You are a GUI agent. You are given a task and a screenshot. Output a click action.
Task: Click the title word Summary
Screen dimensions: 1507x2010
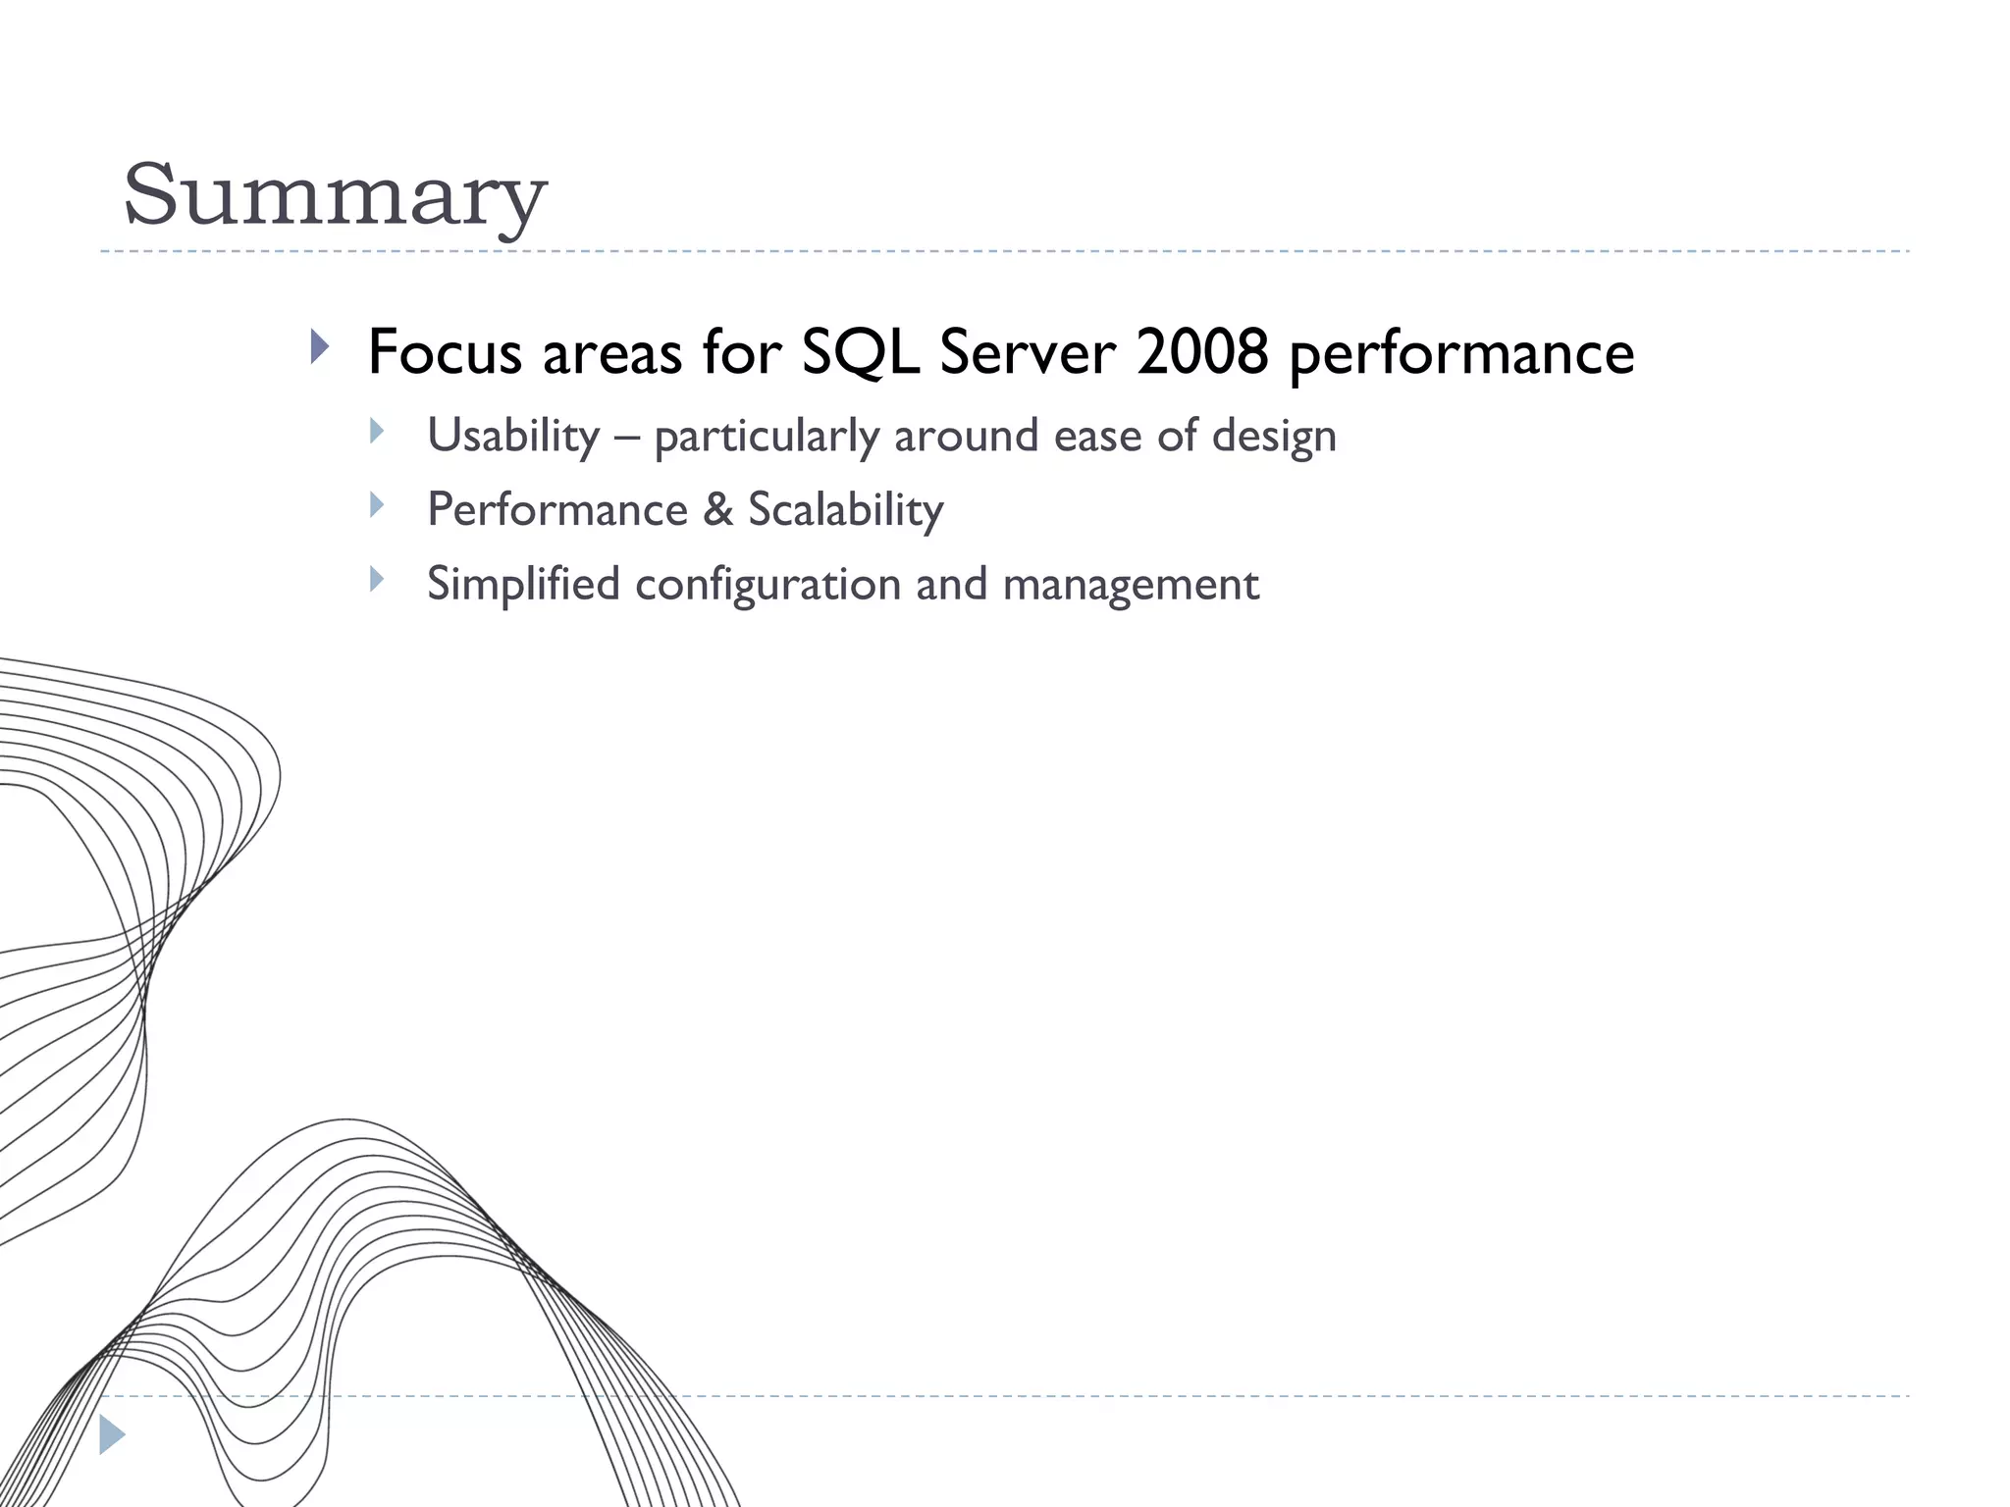pos(334,196)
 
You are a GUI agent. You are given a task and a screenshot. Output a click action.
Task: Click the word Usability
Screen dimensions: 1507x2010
pos(513,436)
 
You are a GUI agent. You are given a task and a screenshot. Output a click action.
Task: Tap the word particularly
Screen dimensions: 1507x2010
pos(767,438)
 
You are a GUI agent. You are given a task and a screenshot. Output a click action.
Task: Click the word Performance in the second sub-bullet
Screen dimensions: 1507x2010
pos(557,510)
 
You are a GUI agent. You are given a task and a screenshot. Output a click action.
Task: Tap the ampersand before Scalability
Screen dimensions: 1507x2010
pos(718,510)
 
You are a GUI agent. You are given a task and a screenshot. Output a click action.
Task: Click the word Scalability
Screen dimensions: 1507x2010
pos(845,511)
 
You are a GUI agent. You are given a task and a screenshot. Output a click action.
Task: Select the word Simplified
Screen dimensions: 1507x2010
pos(523,584)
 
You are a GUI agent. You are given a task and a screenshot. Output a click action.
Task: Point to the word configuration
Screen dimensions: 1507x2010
pos(767,586)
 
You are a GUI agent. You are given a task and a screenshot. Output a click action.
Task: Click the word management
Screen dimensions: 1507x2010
pos(1131,586)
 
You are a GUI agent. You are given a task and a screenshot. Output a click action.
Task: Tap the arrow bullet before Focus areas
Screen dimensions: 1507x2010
pos(319,346)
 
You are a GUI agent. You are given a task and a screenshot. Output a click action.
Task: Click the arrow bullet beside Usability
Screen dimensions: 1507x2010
pos(377,431)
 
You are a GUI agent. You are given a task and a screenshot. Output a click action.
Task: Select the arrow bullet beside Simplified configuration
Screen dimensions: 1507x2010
pos(377,579)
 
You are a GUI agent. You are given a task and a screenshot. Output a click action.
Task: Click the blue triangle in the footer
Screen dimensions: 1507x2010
pos(112,1434)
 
